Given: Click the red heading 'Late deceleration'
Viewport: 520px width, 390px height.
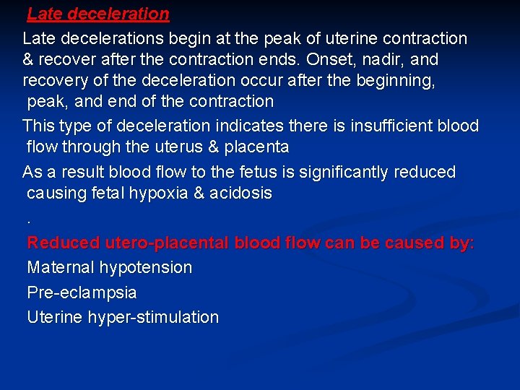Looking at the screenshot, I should (x=98, y=14).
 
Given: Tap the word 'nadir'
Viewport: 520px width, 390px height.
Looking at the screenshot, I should (x=383, y=59).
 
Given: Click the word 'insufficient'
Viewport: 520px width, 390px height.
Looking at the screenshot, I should (x=393, y=126).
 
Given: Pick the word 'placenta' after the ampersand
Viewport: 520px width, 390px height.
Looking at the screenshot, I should (x=257, y=147).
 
